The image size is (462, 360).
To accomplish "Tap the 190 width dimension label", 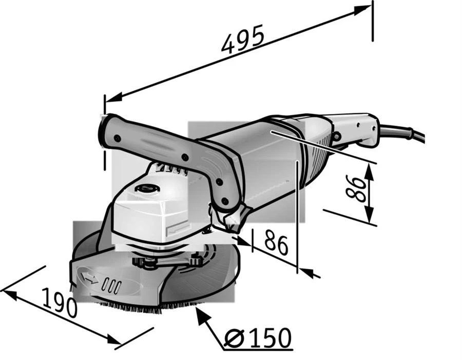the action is pos(59,303).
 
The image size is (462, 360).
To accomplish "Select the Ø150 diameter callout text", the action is pos(258,337).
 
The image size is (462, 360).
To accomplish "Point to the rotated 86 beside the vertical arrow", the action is pos(356,189).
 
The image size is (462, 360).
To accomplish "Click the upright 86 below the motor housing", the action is pos(276,242).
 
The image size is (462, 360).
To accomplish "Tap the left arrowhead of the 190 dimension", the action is pos(9,295).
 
